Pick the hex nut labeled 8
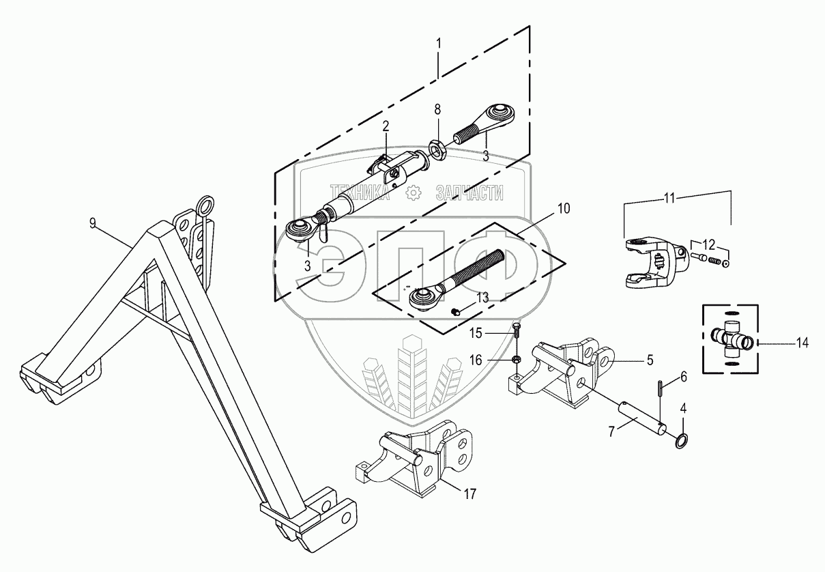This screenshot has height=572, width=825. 437,147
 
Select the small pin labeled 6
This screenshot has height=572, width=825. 661,390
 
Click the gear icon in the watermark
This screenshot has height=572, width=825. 413,194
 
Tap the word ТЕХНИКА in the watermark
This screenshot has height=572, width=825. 360,194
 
